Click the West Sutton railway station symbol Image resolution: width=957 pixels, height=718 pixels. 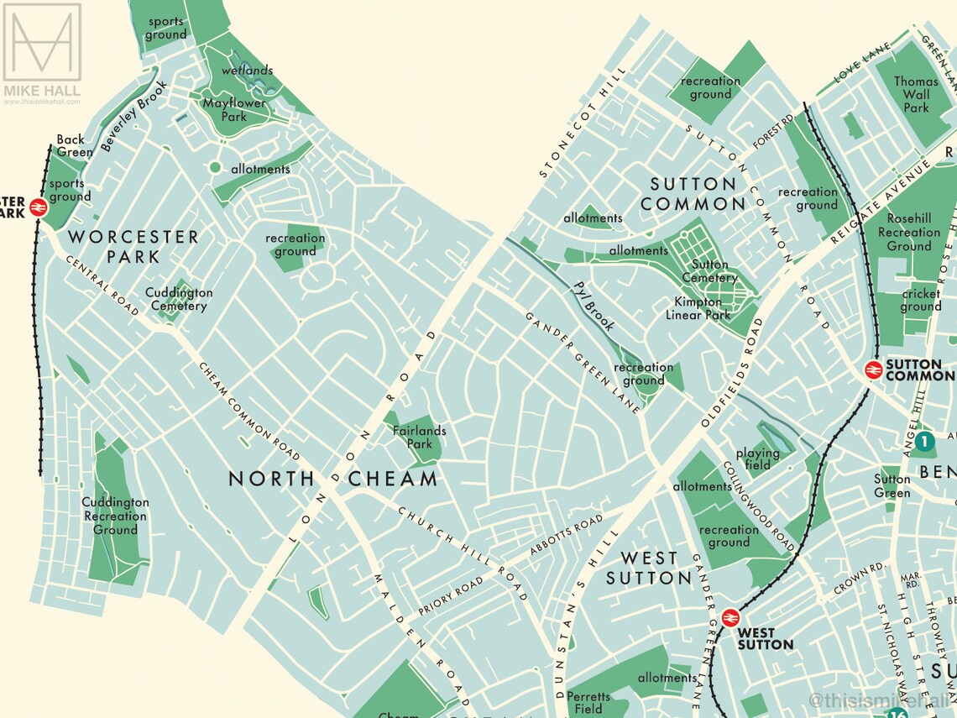point(730,617)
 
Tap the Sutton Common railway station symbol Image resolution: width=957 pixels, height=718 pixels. point(873,369)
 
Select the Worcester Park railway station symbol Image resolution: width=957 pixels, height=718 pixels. point(38,207)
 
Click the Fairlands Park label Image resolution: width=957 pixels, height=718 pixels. point(419,438)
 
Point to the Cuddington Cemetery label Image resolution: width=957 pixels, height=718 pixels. point(179,299)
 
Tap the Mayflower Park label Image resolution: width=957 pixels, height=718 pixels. point(234,110)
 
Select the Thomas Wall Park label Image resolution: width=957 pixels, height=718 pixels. point(916,95)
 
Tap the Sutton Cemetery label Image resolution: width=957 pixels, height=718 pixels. point(710,271)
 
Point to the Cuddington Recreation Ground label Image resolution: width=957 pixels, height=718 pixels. point(115,516)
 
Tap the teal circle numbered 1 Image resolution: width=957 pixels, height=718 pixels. point(923,440)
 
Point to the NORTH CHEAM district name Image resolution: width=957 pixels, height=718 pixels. point(333,479)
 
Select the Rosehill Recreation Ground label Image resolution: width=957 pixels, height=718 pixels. point(909,232)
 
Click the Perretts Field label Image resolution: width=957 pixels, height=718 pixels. point(588,703)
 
